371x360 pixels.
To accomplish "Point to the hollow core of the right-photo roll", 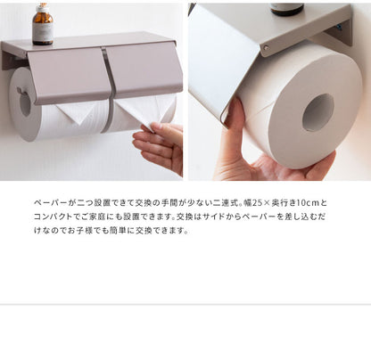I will point(317,112).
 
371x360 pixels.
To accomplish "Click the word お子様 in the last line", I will point(81,231).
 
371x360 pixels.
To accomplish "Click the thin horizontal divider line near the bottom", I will point(185,304).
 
